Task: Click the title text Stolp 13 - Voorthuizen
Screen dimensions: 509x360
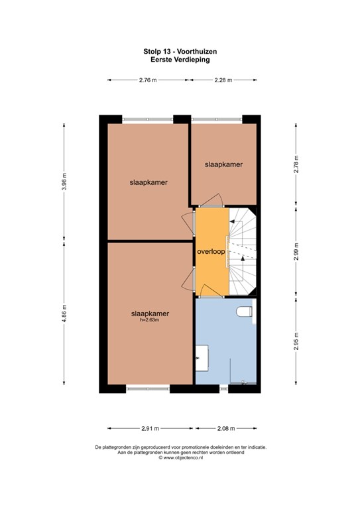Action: point(180,50)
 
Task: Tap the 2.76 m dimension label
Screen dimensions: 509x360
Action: point(147,80)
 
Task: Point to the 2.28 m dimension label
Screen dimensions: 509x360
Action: point(223,80)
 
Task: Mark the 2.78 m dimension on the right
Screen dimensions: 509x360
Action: point(296,163)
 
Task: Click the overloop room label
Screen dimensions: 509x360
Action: point(211,252)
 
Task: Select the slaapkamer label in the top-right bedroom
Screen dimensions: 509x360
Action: point(223,164)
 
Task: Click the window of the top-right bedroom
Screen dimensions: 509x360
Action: point(217,119)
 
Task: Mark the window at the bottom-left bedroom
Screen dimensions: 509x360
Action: point(148,388)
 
